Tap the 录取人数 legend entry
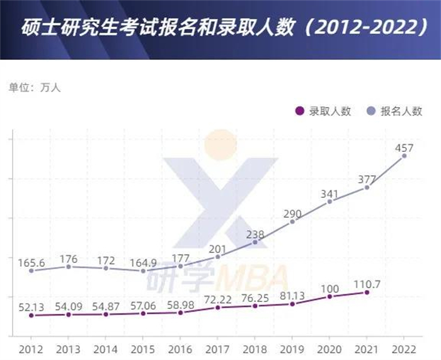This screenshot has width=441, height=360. point(323,111)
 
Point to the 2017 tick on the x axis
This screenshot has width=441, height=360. point(217,349)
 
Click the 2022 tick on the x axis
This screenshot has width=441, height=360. point(404,349)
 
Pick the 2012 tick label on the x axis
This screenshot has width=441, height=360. point(31,349)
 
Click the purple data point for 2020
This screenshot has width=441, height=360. point(329,296)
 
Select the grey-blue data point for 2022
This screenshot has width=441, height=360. point(404,155)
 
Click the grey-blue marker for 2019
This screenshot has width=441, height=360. point(292,221)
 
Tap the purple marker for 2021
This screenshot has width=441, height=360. point(367,292)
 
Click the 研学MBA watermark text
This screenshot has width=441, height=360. point(218,277)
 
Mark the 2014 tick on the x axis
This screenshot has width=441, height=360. point(105,349)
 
